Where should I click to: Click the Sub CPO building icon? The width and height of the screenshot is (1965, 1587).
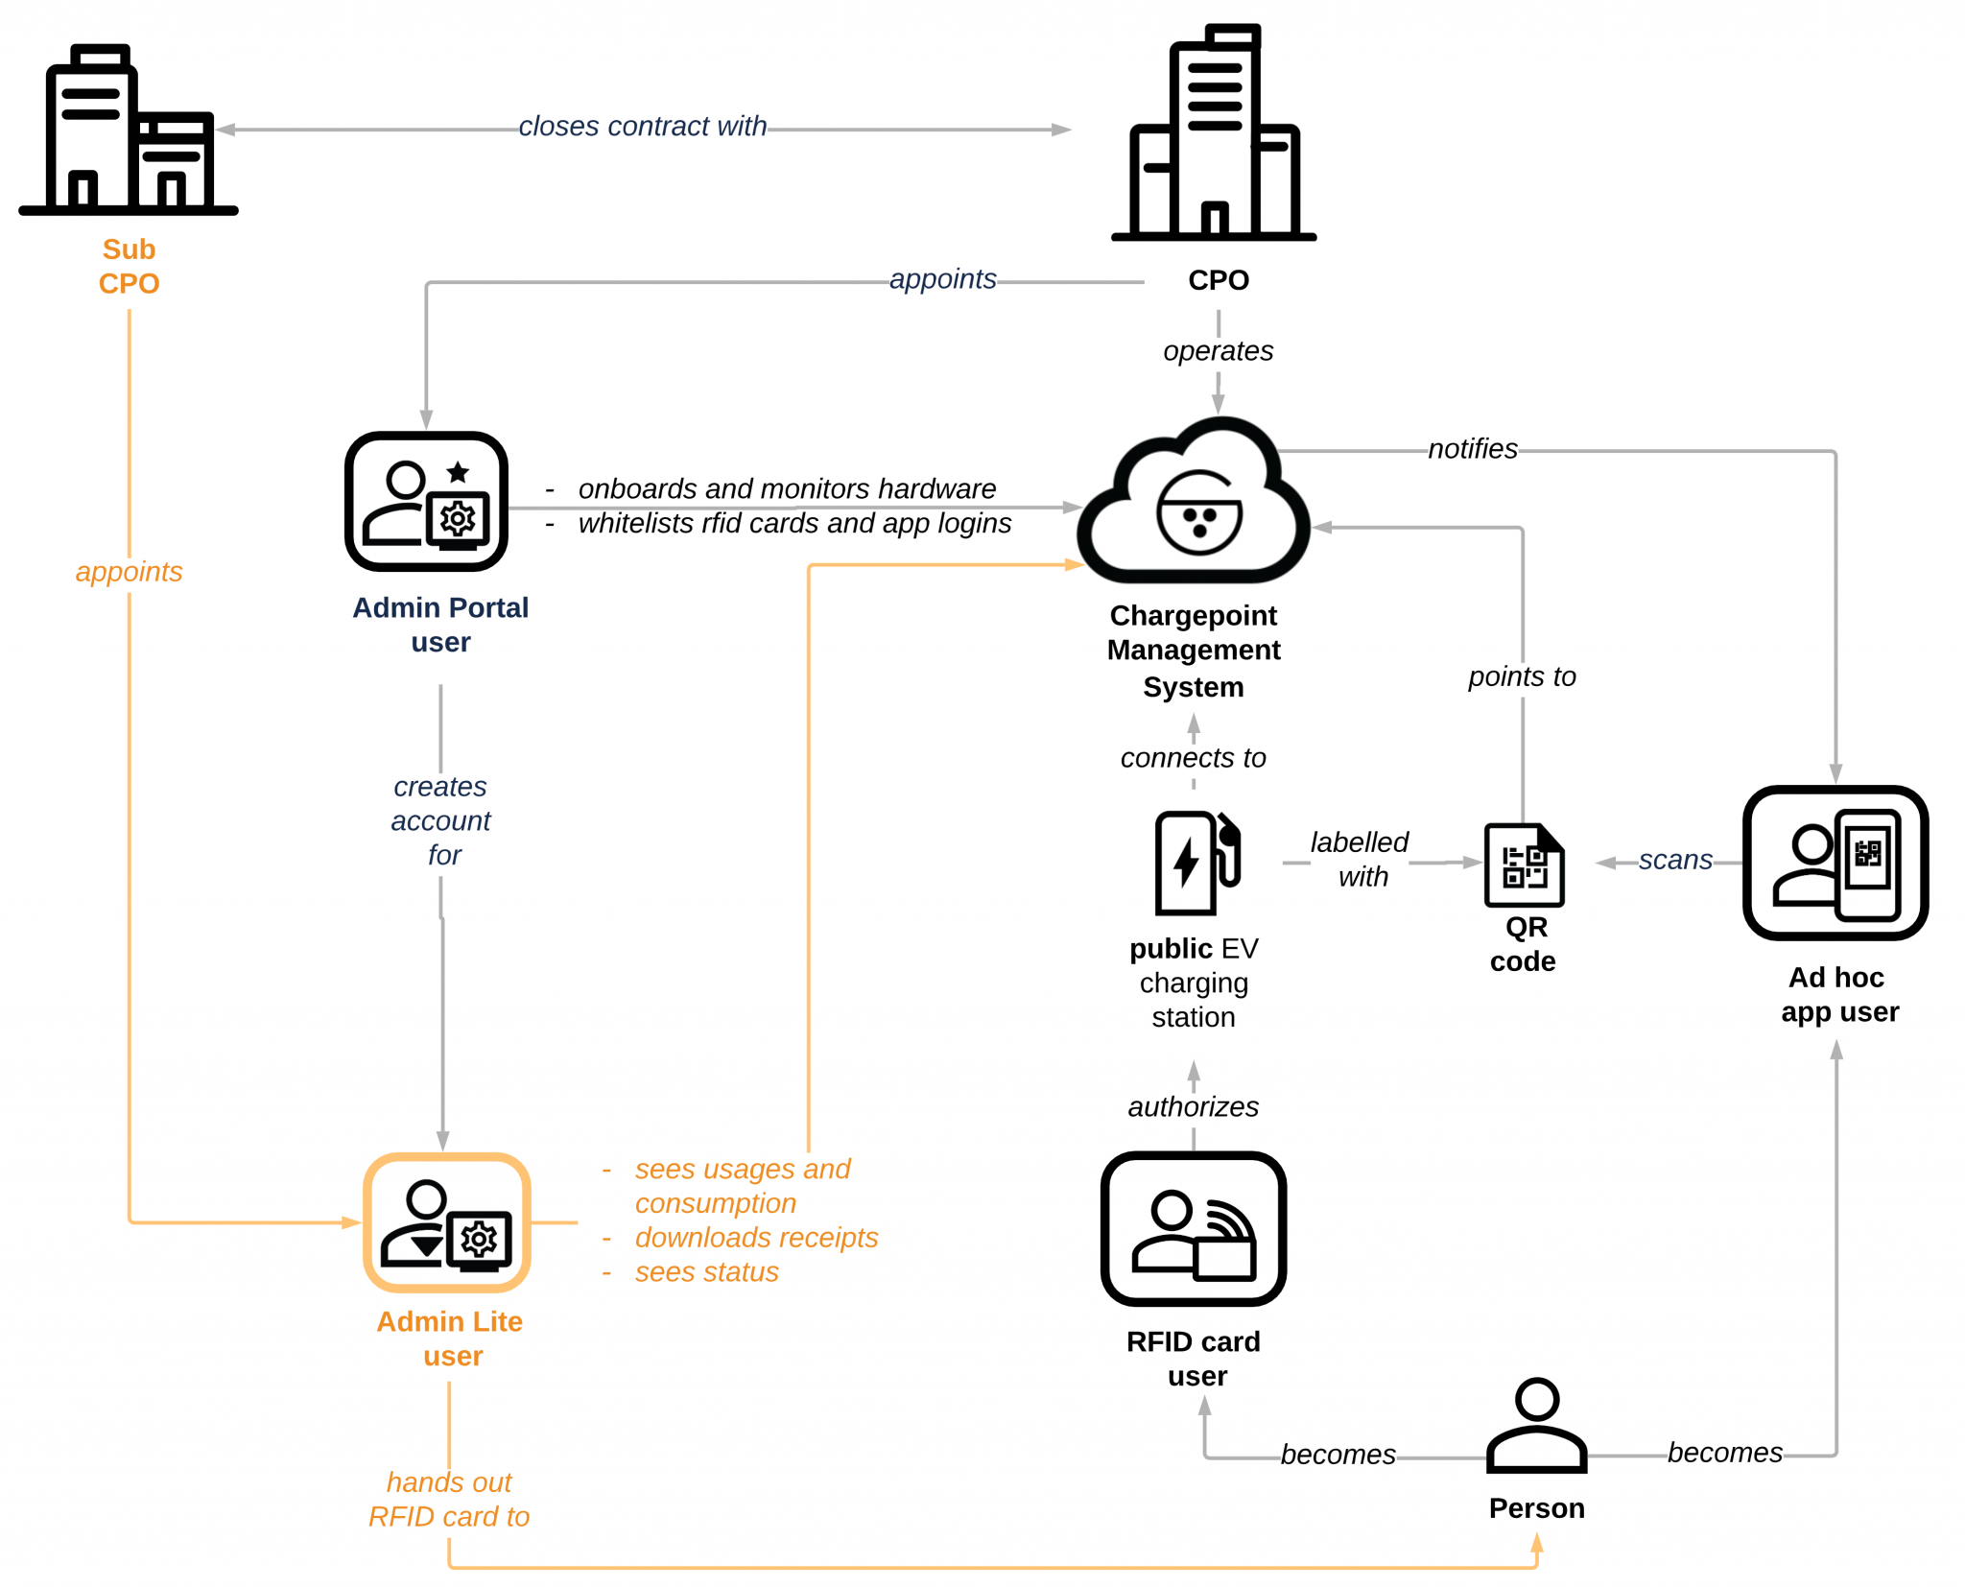[x=129, y=130]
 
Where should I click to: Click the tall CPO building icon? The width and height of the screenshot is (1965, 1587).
[x=1214, y=134]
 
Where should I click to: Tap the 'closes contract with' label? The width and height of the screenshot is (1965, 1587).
[x=642, y=127]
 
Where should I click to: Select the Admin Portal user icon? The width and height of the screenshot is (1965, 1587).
[x=426, y=501]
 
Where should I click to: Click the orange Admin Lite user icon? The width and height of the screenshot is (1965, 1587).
[x=447, y=1222]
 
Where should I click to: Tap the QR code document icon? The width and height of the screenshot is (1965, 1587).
[x=1524, y=865]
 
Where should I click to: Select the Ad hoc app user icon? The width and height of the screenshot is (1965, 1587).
[x=1835, y=863]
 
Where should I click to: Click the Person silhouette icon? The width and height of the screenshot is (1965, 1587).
[x=1536, y=1427]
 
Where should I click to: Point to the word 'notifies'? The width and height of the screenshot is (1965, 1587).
[x=1472, y=449]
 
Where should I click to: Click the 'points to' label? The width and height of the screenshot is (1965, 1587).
[x=1522, y=676]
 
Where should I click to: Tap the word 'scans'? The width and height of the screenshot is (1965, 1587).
[x=1674, y=860]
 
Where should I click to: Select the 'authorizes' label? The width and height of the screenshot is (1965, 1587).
[x=1193, y=1106]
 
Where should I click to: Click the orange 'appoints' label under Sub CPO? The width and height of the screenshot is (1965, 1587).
[x=129, y=572]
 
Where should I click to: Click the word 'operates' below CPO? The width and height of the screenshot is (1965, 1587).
[x=1218, y=351]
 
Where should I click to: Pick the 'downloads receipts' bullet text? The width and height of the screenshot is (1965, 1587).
[x=756, y=1238]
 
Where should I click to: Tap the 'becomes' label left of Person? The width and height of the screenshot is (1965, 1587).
[x=1338, y=1455]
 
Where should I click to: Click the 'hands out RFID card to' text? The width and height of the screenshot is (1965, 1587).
[x=449, y=1500]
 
